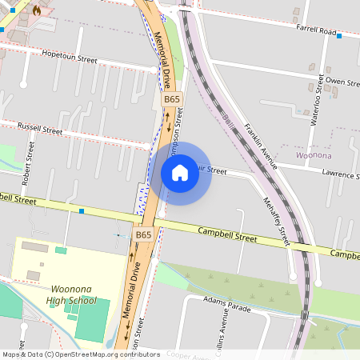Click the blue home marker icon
[x=180, y=173]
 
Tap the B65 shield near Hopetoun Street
[x=172, y=99]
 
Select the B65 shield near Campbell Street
[x=143, y=234]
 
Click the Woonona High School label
[x=73, y=294]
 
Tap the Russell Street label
[x=40, y=127]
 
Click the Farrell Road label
[x=316, y=30]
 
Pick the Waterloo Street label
[x=318, y=99]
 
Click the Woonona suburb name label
[x=314, y=153]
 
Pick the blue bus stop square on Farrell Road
[x=339, y=36]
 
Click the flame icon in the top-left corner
[x=37, y=10]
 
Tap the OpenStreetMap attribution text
[x=80, y=354]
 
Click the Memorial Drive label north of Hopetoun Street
[x=162, y=61]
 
